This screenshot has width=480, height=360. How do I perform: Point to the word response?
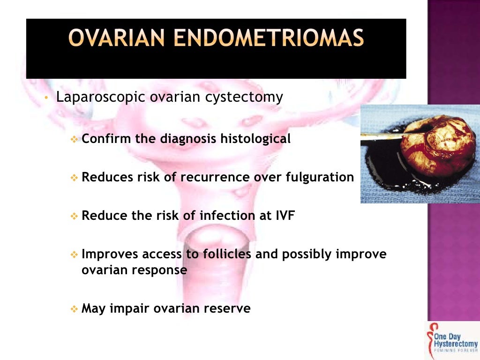click(x=161, y=271)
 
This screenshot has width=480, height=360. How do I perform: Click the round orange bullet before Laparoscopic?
click(x=46, y=98)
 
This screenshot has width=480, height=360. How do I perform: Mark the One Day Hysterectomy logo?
click(x=452, y=340)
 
